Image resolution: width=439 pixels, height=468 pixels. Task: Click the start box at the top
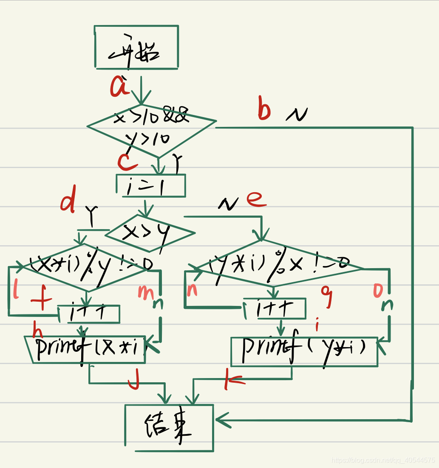(136, 47)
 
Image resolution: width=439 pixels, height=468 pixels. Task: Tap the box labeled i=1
(150, 186)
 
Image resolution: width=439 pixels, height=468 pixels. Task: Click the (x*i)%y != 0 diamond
(87, 267)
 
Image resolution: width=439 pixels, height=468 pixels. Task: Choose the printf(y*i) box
(304, 352)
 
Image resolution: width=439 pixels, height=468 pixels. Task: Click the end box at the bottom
(169, 427)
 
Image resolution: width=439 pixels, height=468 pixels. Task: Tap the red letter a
(120, 87)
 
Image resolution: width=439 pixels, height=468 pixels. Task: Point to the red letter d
(68, 202)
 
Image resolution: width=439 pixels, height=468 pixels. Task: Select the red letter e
(256, 199)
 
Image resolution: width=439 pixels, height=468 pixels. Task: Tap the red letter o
(378, 290)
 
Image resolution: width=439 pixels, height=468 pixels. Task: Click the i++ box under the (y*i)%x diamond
(275, 308)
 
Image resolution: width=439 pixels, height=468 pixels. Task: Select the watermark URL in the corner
(382, 460)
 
